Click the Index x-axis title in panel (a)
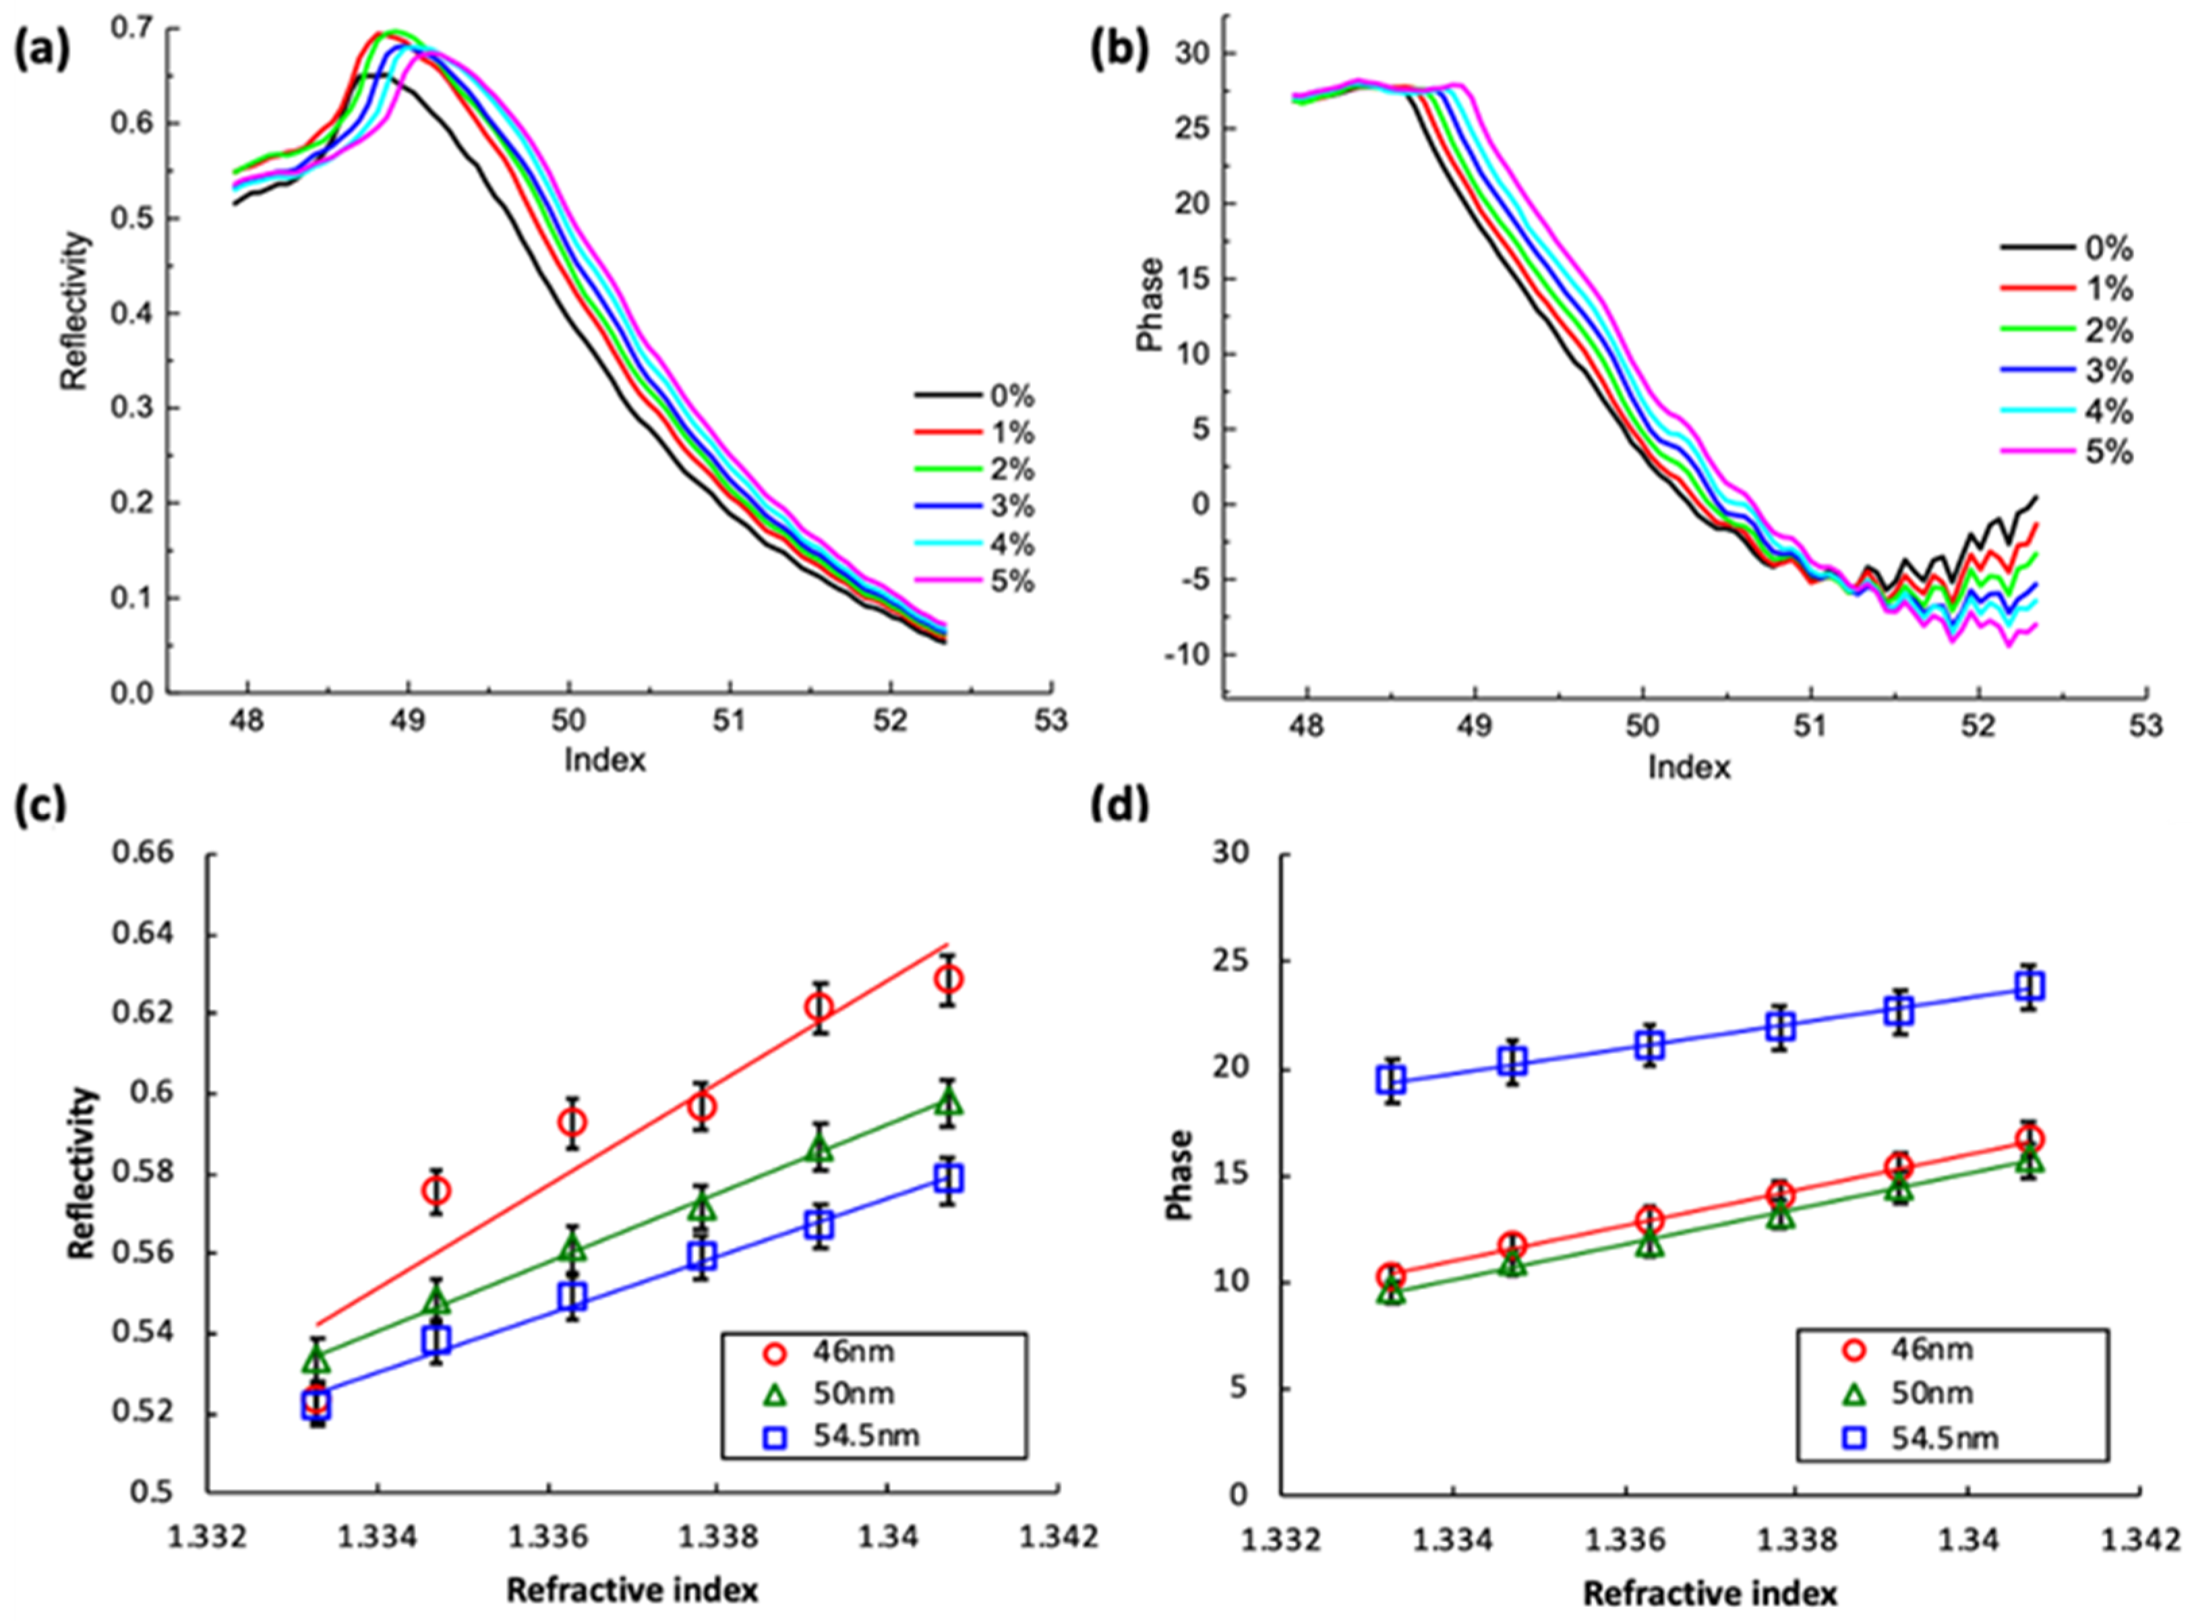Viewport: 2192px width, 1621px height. tap(605, 759)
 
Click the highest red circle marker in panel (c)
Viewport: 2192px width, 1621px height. tap(948, 979)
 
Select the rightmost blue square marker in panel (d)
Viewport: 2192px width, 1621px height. tap(2029, 985)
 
